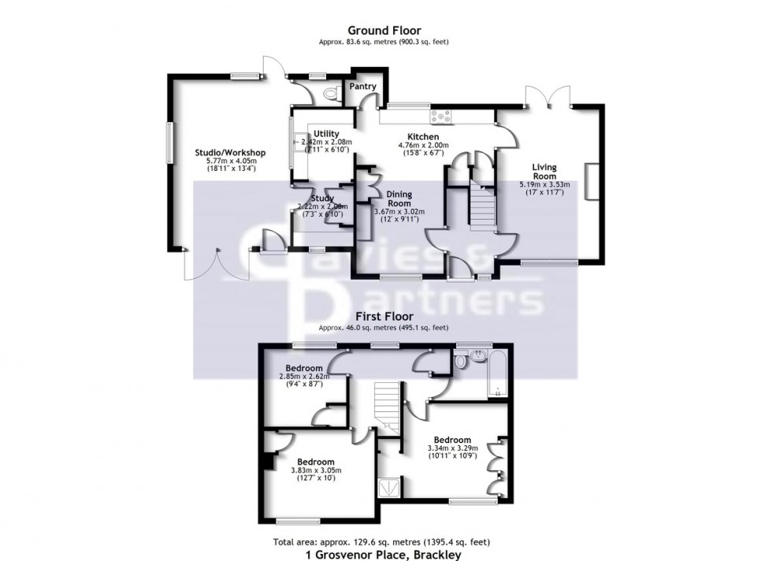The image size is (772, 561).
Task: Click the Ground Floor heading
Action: coord(385,31)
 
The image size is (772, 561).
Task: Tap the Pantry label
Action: coord(362,87)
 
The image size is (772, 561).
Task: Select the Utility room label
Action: coord(325,134)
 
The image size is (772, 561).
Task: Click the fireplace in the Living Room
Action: coord(589,180)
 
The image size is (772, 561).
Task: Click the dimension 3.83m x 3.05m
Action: coord(315,471)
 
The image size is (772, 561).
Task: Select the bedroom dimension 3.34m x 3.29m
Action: coord(452,450)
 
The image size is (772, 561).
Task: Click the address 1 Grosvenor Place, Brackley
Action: coord(385,554)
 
